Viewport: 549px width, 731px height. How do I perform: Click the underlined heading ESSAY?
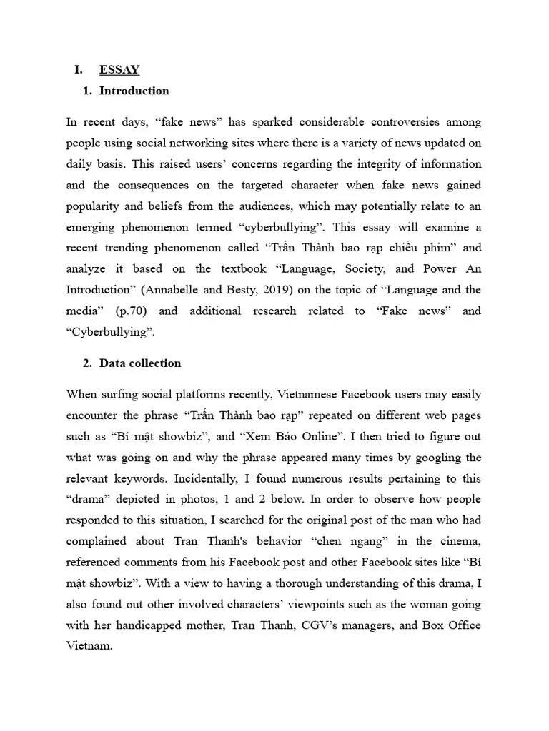pyautogui.click(x=119, y=69)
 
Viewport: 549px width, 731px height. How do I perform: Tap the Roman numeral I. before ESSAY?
pyautogui.click(x=79, y=69)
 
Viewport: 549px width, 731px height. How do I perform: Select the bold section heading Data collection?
pyautogui.click(x=140, y=363)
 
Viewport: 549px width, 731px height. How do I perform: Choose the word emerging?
pyautogui.click(x=91, y=227)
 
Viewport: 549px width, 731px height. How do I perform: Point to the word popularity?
pyautogui.click(x=97, y=206)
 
